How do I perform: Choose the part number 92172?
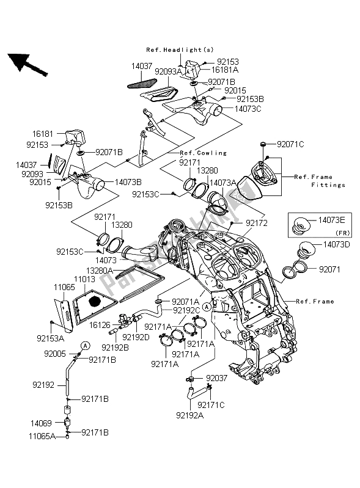(x=256, y=224)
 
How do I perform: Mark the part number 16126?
(x=101, y=326)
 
